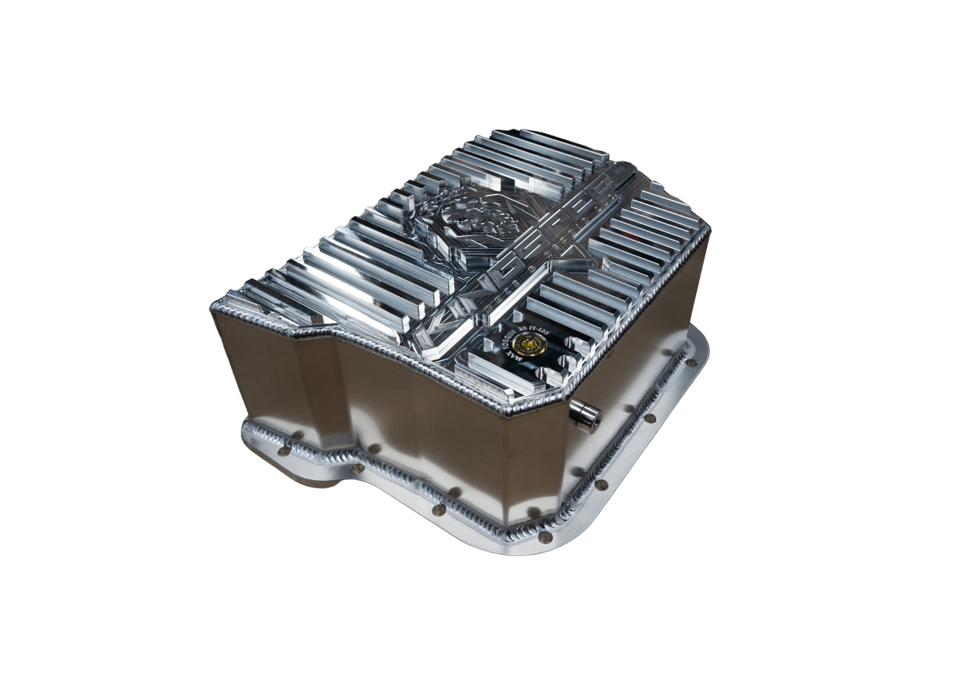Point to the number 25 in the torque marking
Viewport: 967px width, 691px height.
tap(521, 329)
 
